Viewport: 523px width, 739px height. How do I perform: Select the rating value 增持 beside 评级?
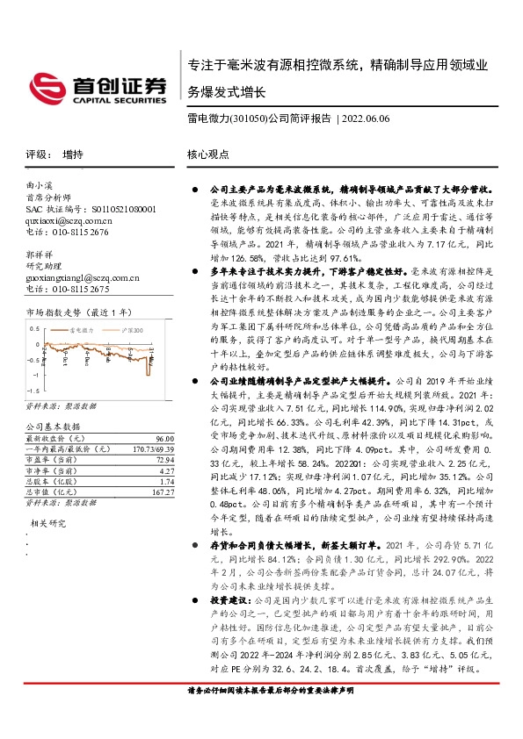coord(73,154)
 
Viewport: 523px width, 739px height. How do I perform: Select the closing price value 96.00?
coord(163,437)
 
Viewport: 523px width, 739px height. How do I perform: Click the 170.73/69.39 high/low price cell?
coord(149,448)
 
